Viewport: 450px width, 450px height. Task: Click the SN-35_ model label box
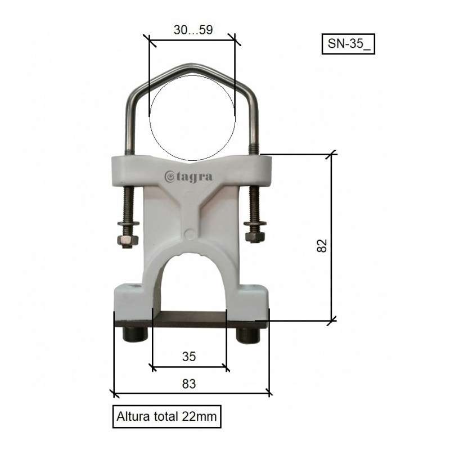[348, 44]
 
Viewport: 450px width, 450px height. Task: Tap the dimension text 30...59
[193, 30]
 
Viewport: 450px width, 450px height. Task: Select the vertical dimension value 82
[321, 245]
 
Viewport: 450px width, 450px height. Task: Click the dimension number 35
[189, 355]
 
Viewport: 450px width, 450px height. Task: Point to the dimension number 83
[189, 384]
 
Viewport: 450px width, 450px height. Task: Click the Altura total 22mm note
[166, 417]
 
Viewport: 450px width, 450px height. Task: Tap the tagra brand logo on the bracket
[188, 177]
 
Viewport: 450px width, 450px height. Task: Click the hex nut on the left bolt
[128, 241]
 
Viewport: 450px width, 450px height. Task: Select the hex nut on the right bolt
[255, 237]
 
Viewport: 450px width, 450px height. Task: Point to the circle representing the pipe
[192, 116]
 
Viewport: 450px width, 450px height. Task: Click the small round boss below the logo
[190, 233]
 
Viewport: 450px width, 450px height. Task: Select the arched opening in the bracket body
[189, 281]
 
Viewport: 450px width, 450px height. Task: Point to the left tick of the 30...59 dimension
[148, 39]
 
